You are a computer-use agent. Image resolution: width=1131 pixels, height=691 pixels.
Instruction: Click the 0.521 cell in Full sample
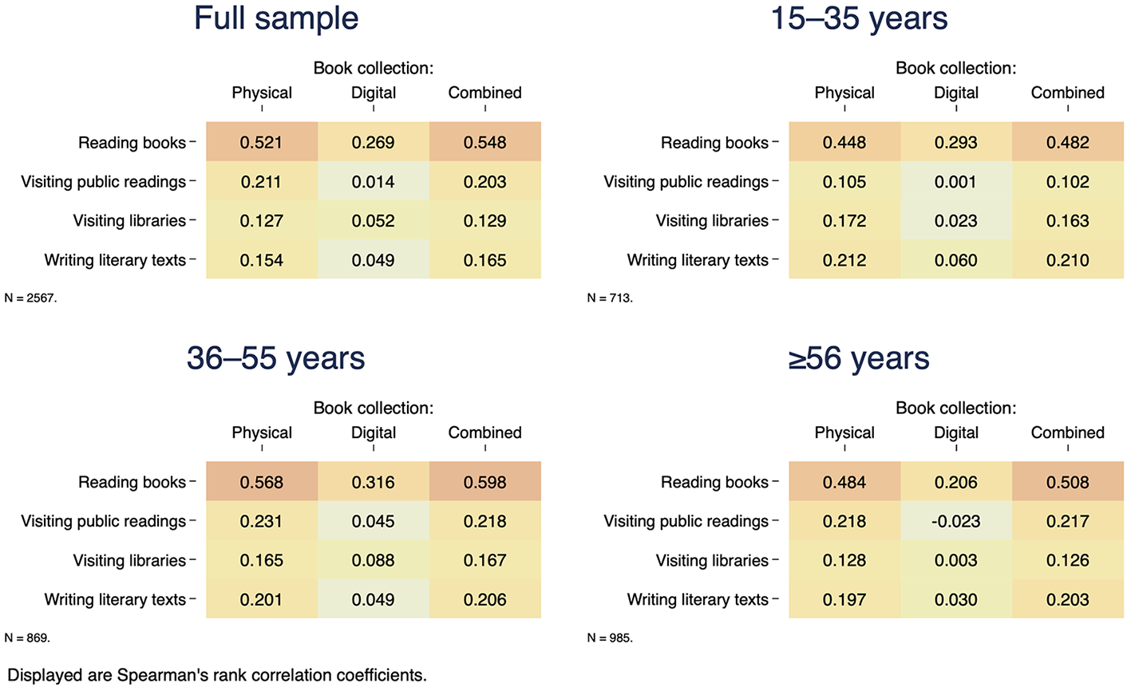(262, 142)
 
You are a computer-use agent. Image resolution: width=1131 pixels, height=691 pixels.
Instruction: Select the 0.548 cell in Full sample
(485, 142)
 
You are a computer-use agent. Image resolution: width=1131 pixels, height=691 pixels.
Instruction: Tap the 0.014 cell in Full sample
(374, 181)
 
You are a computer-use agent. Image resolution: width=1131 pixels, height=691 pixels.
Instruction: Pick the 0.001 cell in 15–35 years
(956, 181)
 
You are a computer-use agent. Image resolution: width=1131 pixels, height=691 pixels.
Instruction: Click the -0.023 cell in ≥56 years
(956, 521)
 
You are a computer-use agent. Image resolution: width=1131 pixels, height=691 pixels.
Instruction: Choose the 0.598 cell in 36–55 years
(485, 481)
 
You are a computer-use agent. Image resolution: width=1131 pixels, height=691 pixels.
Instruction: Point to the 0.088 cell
(374, 560)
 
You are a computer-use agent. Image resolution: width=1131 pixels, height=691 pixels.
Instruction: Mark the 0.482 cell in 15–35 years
(1068, 142)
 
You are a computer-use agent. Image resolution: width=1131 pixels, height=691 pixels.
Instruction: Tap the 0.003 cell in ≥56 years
(956, 560)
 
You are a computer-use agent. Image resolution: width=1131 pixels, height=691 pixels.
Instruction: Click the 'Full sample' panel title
(276, 18)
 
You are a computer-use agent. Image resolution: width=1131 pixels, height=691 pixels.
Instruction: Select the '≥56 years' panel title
(859, 358)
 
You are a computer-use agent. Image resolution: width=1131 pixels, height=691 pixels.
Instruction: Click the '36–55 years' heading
(275, 358)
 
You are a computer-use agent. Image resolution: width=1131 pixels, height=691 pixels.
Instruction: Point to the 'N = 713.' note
(610, 298)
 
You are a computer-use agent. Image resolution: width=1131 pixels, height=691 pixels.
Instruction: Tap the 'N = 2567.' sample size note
(31, 298)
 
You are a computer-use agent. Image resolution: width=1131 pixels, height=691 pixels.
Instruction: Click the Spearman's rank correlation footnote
(217, 675)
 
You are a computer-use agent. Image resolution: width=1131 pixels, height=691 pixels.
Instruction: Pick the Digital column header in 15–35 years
(956, 93)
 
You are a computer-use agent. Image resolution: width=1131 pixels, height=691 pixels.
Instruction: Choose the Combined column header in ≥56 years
(1068, 432)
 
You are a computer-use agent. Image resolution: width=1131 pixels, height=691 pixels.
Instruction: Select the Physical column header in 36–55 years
(262, 432)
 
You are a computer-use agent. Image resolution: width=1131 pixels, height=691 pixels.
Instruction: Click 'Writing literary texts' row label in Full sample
(115, 260)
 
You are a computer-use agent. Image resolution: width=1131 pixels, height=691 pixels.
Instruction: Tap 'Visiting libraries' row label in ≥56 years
(712, 560)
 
